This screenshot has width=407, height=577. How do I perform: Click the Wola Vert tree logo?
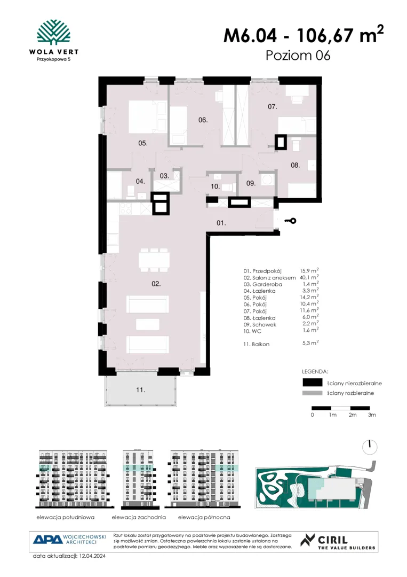pos(54,33)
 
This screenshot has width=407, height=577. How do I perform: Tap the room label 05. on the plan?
pos(143,143)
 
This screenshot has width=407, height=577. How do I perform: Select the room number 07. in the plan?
pos(272,107)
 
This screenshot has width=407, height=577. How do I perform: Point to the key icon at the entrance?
pos(290,221)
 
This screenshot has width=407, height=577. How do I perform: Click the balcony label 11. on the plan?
pos(140,389)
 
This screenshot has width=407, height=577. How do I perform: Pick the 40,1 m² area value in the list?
pos(309,277)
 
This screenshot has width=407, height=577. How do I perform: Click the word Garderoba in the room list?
pos(267,284)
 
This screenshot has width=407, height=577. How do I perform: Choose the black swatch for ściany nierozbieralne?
pos(312,383)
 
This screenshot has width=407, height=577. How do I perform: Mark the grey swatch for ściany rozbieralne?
pos(312,393)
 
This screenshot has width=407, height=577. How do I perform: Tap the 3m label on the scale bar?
pos(372,415)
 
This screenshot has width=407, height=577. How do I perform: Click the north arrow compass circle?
pos(370,447)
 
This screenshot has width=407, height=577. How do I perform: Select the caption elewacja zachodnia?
pos(139,517)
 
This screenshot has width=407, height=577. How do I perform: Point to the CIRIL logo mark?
pos(307,540)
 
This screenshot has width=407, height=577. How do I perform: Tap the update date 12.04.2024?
pos(92,556)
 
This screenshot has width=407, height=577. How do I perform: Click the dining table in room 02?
pos(154,260)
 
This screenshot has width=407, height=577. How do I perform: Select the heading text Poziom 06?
pos(298,56)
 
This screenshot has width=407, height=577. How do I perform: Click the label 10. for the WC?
pos(216,186)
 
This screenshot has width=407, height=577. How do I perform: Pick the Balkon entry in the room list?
pos(261,345)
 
